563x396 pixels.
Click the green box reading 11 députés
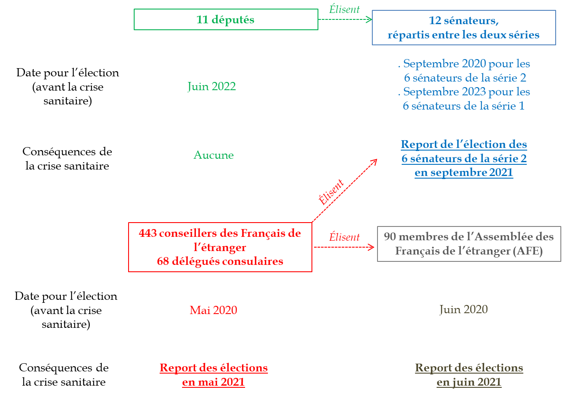(226, 19)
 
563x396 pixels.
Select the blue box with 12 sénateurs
(464, 28)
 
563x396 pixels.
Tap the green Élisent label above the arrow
(344, 9)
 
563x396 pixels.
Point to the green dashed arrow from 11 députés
(345, 19)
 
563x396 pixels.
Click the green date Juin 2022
(211, 87)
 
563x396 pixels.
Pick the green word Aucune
(214, 155)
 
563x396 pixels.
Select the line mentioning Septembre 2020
(464, 64)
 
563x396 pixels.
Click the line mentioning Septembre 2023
(464, 92)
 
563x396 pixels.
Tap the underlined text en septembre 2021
(464, 173)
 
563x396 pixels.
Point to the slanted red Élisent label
(331, 192)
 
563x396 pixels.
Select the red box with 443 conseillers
(220, 247)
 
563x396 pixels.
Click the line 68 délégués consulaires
(220, 261)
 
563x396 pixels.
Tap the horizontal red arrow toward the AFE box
(344, 247)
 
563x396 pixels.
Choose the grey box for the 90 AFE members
(469, 244)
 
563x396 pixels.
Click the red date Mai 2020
(214, 310)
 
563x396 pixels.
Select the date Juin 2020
(464, 309)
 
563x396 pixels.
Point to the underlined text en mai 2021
(214, 382)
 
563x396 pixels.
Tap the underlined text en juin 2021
(469, 382)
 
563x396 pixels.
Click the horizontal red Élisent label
(344, 237)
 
